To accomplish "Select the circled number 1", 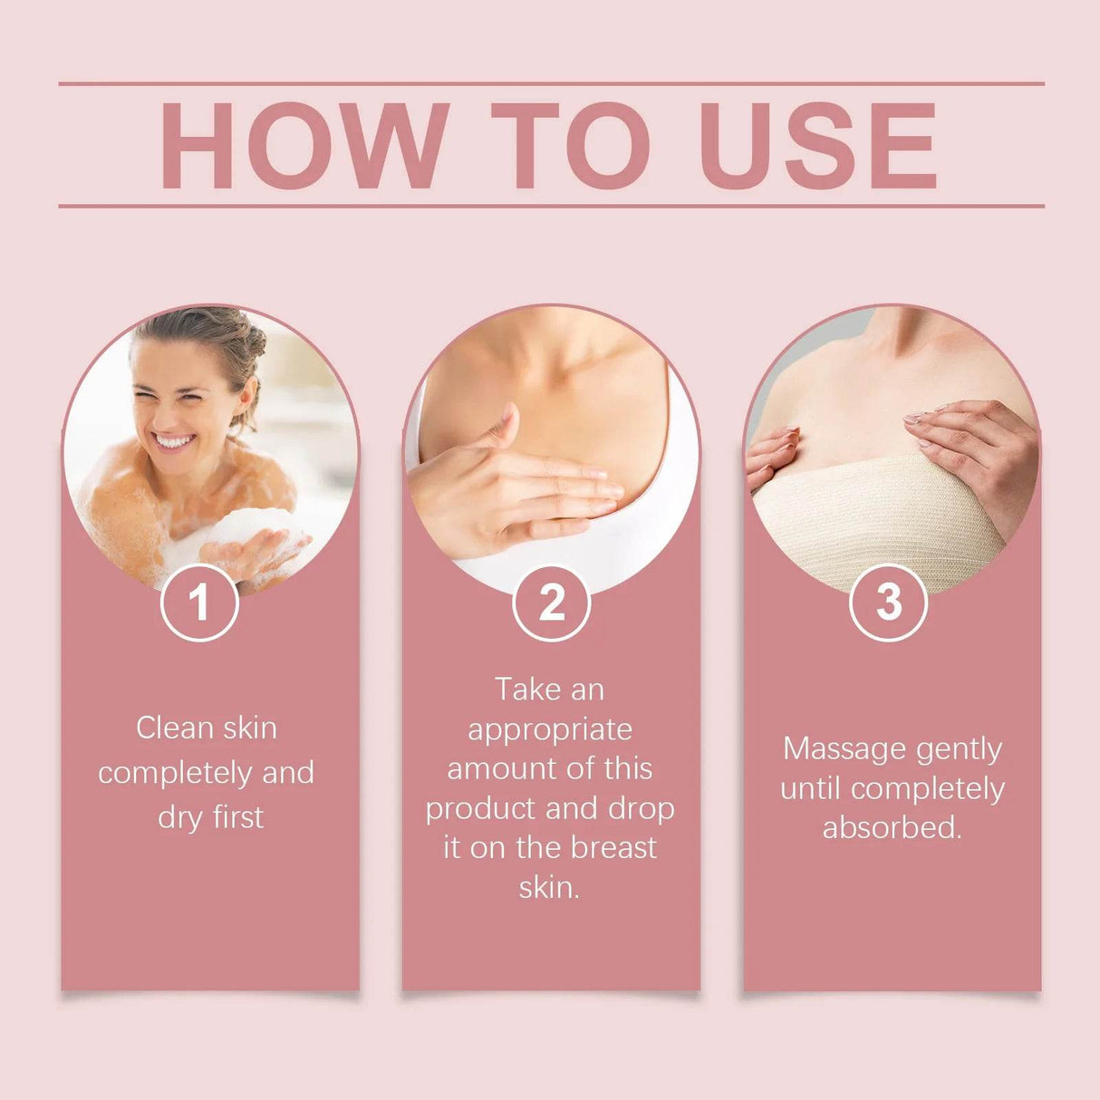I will pyautogui.click(x=199, y=603).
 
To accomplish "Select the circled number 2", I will pyautogui.click(x=551, y=603).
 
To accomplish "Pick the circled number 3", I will pyautogui.click(x=889, y=603).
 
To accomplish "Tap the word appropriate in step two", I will pyautogui.click(x=550, y=730).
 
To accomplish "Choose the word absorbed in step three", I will pyautogui.click(x=891, y=827).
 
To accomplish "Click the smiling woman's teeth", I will pyautogui.click(x=174, y=442).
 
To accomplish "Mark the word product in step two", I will pyautogui.click(x=479, y=809).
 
